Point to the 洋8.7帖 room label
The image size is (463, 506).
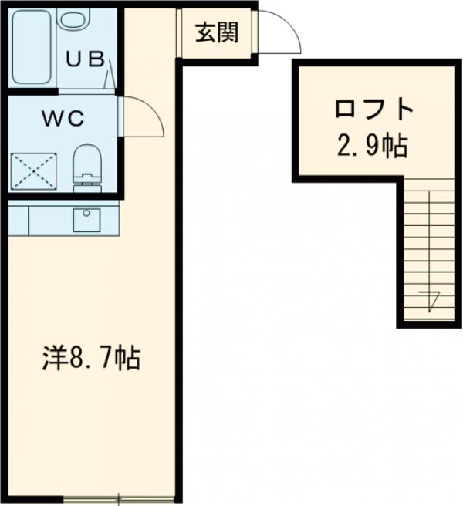[90, 359]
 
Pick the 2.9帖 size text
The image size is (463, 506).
[372, 146]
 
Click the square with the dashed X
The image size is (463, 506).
[33, 171]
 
